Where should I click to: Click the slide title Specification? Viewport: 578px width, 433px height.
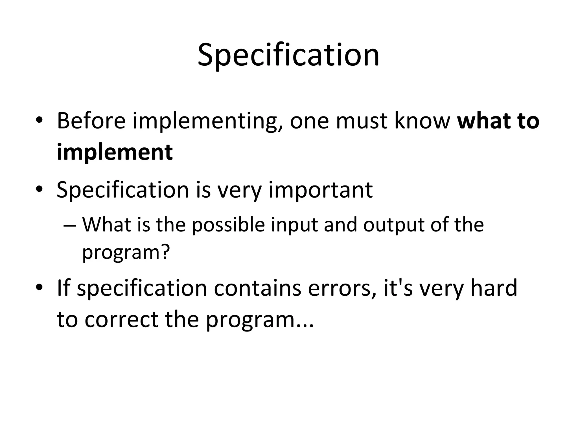288,55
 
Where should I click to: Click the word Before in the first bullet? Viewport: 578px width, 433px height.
91,121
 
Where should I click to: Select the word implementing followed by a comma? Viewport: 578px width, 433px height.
208,122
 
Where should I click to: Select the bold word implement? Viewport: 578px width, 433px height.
115,153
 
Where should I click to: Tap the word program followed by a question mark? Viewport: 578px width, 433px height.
126,253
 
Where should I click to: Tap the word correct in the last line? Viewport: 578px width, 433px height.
121,320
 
